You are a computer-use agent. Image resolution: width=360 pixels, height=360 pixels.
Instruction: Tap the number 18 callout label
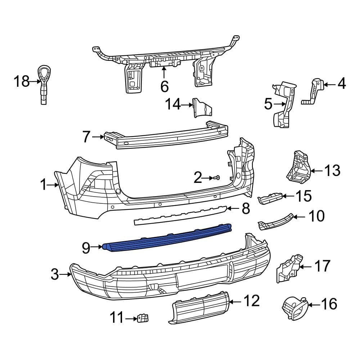click(x=21, y=82)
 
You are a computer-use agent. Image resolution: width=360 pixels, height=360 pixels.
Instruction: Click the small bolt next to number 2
click(x=218, y=177)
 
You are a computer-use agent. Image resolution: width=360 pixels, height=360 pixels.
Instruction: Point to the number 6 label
click(x=164, y=86)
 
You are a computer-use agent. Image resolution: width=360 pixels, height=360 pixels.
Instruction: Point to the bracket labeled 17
click(x=289, y=269)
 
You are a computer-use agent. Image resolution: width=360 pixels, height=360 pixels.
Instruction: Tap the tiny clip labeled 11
click(x=143, y=318)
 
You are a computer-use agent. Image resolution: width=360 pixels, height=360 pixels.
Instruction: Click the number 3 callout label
click(x=54, y=275)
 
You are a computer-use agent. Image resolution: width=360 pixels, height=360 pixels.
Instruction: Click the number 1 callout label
click(x=43, y=185)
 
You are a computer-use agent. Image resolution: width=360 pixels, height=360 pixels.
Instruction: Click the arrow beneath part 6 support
click(x=164, y=73)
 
